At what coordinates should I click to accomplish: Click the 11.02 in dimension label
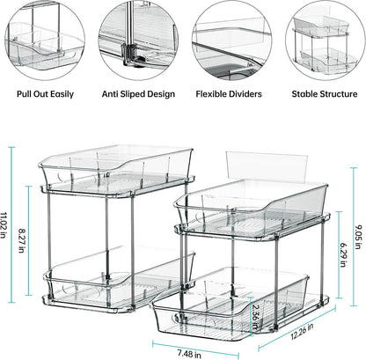(x=4, y=225)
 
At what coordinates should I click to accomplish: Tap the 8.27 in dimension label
(x=21, y=240)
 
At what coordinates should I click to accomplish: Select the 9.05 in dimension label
(x=358, y=237)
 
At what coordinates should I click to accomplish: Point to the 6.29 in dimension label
(x=343, y=255)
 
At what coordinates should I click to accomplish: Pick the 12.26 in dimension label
(x=302, y=331)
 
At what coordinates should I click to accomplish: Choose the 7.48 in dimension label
(x=189, y=353)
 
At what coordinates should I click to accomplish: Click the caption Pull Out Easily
(x=45, y=94)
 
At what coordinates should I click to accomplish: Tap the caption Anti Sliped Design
(x=138, y=94)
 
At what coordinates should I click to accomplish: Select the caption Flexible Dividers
(x=229, y=94)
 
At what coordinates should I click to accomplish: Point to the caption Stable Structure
(x=325, y=94)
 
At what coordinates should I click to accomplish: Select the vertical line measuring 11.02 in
(x=11, y=224)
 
